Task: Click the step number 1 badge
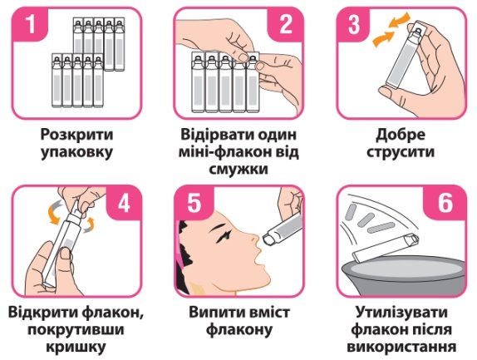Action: click(x=30, y=24)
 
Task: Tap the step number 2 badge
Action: click(x=285, y=24)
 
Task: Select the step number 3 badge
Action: click(x=354, y=24)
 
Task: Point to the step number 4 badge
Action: click(x=124, y=202)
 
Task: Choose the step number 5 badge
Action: click(x=194, y=202)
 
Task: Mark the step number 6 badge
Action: click(x=445, y=202)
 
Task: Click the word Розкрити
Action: click(x=76, y=135)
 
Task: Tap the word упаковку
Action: click(x=76, y=153)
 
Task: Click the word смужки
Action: click(x=238, y=170)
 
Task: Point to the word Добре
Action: click(x=401, y=135)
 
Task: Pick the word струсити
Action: click(x=401, y=153)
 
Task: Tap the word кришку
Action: click(x=76, y=348)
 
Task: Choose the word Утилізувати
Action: click(x=401, y=313)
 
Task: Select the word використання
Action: click(x=401, y=348)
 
